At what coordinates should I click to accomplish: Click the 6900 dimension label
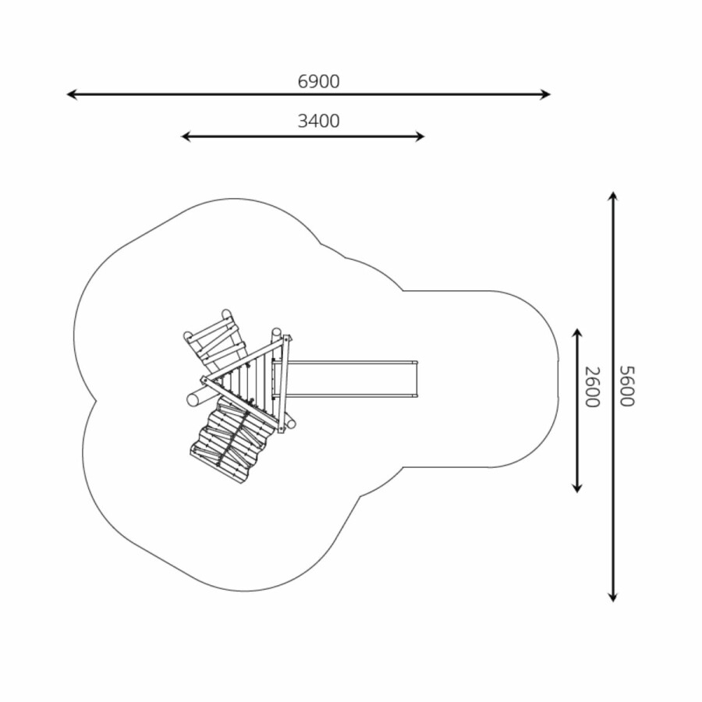click(319, 81)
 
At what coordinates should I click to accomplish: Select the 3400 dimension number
click(319, 121)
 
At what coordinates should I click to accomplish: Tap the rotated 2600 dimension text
click(592, 387)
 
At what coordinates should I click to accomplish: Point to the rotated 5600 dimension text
click(627, 386)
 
